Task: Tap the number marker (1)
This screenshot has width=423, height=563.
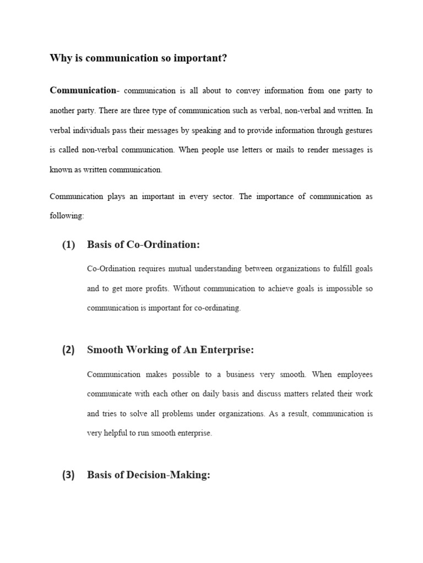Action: coord(68,245)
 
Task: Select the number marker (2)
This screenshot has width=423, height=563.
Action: coord(68,350)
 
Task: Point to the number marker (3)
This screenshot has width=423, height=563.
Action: coord(68,476)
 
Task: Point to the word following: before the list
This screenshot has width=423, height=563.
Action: coord(67,216)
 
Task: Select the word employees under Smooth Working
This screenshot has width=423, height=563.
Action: coord(353,374)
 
